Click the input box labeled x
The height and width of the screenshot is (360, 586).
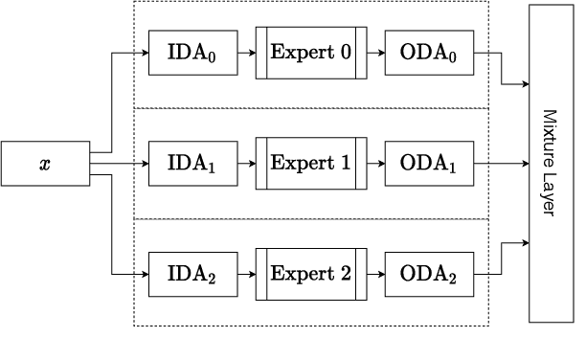45,164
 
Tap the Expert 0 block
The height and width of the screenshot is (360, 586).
311,53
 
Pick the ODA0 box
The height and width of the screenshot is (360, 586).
428,53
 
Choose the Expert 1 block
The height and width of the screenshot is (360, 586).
311,164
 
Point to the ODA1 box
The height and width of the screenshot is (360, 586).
428,164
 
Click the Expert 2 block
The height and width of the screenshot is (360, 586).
311,274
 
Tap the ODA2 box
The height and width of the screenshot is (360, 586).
428,274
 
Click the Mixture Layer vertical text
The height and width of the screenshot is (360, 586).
549,163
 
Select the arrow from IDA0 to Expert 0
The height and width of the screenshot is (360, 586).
245,53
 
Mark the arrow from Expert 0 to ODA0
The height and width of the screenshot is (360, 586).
375,53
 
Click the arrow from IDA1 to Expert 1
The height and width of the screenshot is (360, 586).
245,164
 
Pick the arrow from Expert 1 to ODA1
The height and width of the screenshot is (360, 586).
375,164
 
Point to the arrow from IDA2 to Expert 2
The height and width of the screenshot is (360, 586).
245,274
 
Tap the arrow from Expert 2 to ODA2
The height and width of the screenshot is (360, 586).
375,274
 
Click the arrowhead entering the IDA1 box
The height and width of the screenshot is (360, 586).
145,164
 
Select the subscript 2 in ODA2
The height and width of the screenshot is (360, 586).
454,279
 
